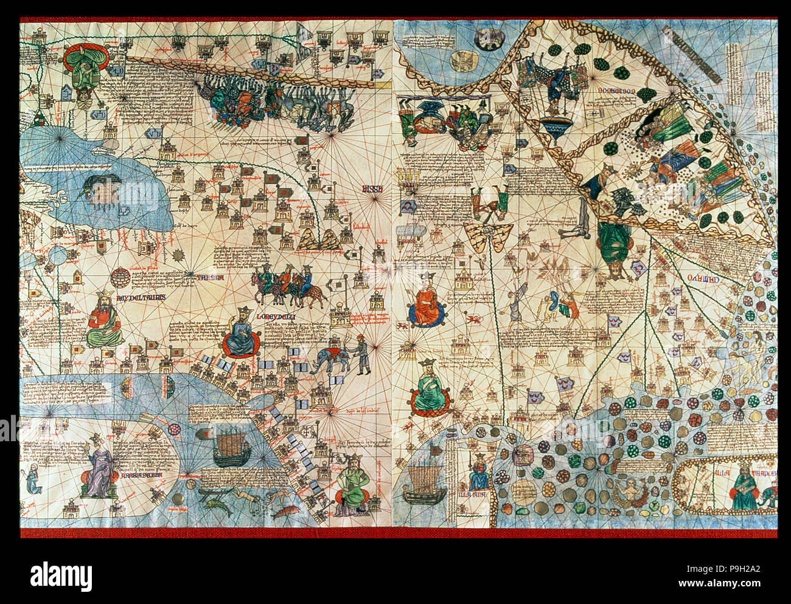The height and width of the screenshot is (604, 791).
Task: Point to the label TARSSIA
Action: click(209, 278)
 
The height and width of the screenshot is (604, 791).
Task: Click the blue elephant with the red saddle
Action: click(329, 360)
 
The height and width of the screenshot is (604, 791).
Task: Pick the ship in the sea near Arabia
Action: click(231, 447)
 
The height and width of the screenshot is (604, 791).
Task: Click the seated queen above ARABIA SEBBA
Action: click(100, 468)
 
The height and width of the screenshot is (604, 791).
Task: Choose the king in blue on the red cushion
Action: click(241, 334)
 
